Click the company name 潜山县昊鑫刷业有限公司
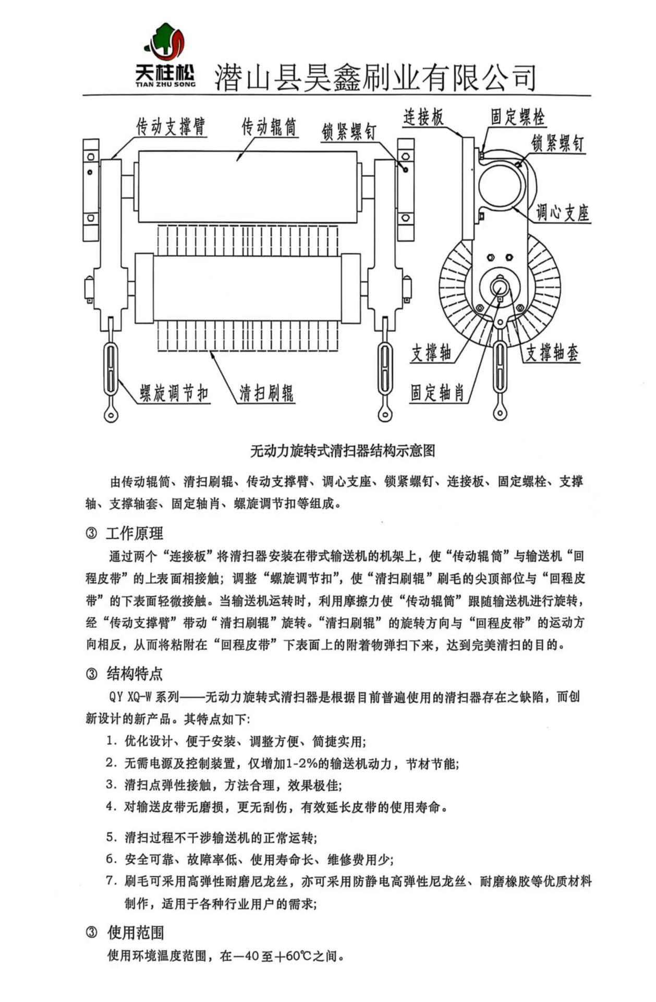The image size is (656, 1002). tap(375, 77)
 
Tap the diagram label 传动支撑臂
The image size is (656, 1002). tap(171, 127)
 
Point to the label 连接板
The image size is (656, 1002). tap(423, 117)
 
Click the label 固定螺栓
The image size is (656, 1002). tap(517, 117)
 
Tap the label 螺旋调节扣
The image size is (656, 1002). tap(174, 393)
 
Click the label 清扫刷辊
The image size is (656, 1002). tap(266, 393)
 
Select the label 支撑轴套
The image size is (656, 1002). tap(552, 353)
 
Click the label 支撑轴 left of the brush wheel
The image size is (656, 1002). tap(431, 353)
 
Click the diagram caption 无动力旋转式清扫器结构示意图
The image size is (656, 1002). tap(343, 451)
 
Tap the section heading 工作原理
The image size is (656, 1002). tap(135, 533)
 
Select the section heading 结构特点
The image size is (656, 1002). tap(135, 674)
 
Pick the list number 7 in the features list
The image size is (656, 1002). tap(110, 881)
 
